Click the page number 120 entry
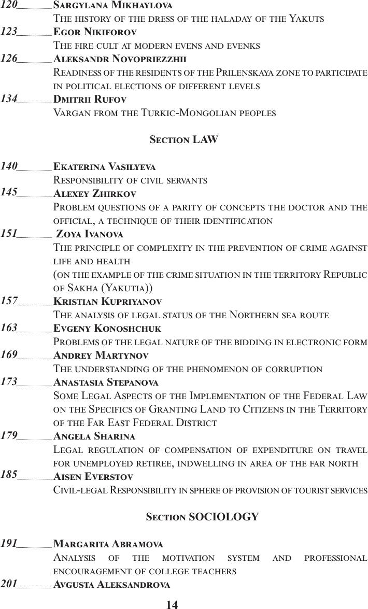9,5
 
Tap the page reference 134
9,98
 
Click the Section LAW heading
183,139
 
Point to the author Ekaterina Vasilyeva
104,166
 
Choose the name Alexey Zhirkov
95,193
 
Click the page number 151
9,233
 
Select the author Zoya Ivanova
89,234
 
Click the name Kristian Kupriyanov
107,301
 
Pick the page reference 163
9,328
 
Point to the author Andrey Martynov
101,355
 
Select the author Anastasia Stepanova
106,382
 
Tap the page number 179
9,435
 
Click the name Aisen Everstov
93,476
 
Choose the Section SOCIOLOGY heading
202,517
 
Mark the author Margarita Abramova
108,544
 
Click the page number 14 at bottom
172,604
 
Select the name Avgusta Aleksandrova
111,584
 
